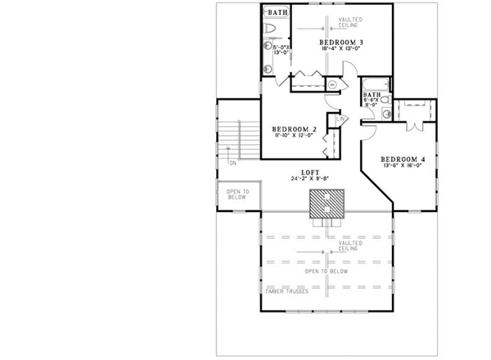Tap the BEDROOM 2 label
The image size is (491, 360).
point(294,129)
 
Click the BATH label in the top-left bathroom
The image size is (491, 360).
point(278,13)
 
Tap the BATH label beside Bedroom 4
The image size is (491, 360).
point(371,97)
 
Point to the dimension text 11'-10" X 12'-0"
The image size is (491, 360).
point(294,137)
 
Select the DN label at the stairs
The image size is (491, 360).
point(233,163)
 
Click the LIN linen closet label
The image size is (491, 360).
point(337,121)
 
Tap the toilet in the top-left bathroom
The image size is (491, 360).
point(273,30)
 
